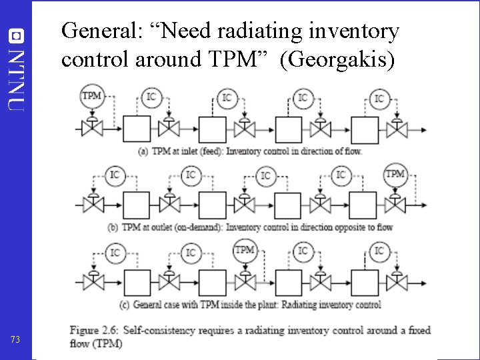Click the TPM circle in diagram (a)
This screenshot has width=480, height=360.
91,96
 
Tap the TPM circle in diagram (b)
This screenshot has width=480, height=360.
395,175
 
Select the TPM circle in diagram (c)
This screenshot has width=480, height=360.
245,251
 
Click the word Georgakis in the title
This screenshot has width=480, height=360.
339,59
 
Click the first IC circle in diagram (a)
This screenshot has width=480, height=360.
151,98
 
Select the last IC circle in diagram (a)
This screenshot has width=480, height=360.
379,99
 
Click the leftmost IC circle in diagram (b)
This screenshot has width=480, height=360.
115,175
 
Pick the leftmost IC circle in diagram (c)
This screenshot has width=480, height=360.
115,253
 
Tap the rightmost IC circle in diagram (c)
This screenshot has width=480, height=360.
379,251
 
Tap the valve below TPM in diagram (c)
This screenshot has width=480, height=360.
245,280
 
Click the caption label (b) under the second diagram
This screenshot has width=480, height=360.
114,227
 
